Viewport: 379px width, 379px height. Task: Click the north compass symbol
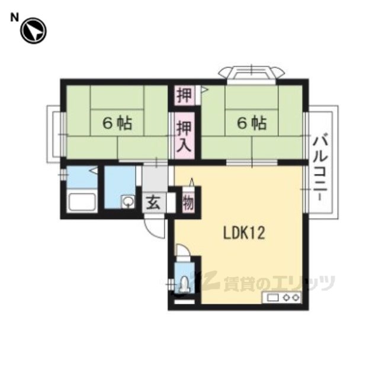click(x=33, y=31)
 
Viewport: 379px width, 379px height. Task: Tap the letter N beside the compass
click(x=14, y=17)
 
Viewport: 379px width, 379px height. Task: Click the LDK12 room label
click(x=244, y=233)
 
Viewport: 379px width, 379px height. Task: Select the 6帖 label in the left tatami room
click(x=117, y=123)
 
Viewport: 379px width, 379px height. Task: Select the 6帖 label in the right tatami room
click(x=252, y=123)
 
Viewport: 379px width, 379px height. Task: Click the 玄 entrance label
click(x=154, y=203)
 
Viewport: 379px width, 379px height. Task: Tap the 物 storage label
click(x=188, y=203)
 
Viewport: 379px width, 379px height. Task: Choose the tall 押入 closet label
click(x=185, y=137)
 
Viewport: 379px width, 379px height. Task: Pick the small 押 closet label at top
click(x=185, y=95)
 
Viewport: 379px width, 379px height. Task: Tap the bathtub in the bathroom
click(x=82, y=202)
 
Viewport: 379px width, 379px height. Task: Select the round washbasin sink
click(x=128, y=201)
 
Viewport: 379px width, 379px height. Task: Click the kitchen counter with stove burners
click(x=282, y=297)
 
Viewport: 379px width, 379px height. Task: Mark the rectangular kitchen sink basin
click(x=272, y=298)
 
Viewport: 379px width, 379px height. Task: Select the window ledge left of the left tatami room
click(x=54, y=134)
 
